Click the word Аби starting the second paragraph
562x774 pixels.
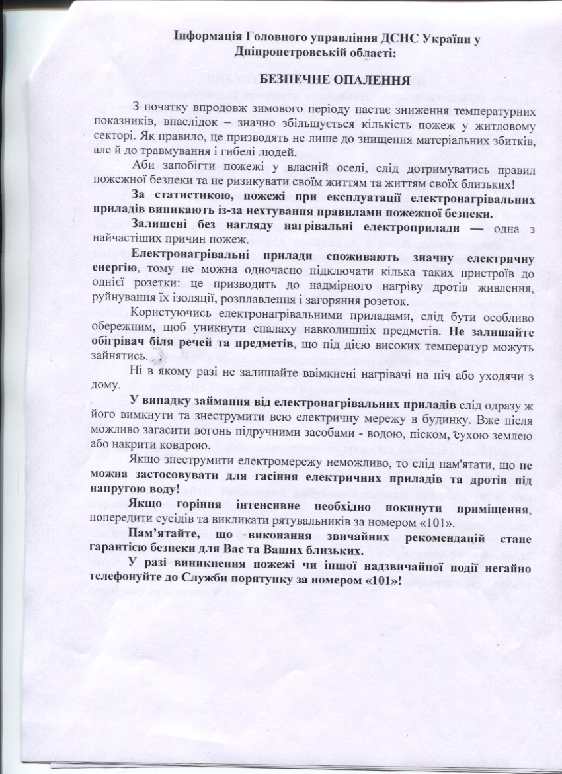pyautogui.click(x=142, y=165)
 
